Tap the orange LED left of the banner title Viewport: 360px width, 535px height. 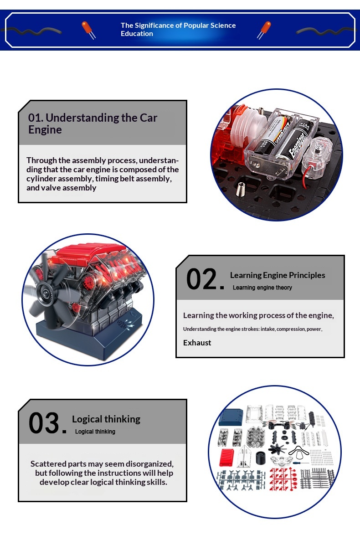pos(87,29)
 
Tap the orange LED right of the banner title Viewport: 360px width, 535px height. pos(264,30)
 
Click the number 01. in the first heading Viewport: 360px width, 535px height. pos(36,118)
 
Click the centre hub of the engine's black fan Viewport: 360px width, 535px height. pos(45,292)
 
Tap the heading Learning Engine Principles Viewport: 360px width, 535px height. pos(278,275)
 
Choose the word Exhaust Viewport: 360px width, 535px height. pos(197,343)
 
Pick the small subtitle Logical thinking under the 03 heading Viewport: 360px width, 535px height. pos(95,432)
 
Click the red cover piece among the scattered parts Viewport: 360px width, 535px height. pos(226,457)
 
